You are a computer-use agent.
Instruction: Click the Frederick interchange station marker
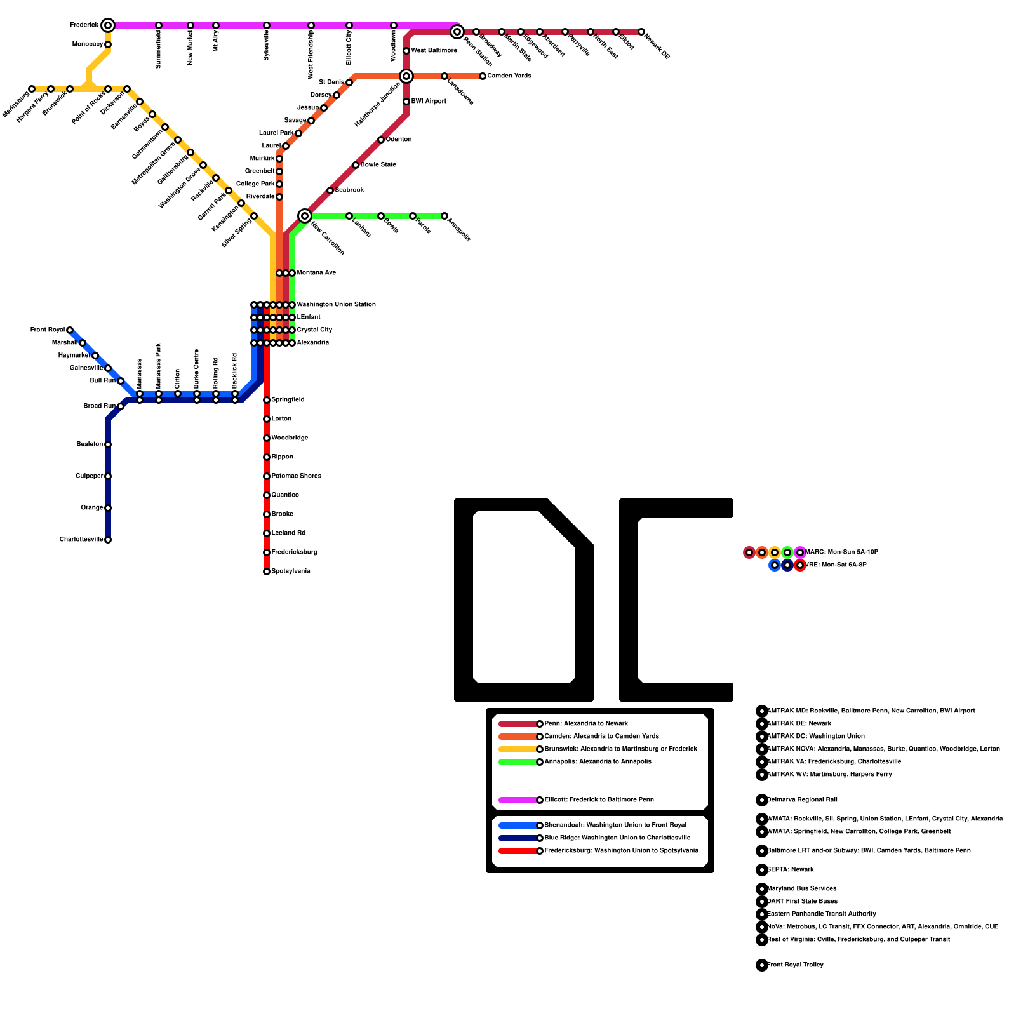[x=108, y=25]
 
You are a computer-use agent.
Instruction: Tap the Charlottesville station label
[x=81, y=540]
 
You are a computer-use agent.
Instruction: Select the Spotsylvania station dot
[x=267, y=571]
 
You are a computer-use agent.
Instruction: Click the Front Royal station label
[x=47, y=330]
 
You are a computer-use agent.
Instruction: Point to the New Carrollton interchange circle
[x=305, y=216]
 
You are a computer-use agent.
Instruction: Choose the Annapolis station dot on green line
[x=444, y=216]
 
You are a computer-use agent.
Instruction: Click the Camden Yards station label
[x=509, y=76]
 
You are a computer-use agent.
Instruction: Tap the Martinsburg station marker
[x=32, y=89]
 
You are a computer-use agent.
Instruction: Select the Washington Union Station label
[x=336, y=305]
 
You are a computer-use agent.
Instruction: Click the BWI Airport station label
[x=429, y=102]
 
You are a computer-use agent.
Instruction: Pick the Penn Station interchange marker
[x=457, y=32]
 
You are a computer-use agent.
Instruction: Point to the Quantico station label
[x=285, y=495]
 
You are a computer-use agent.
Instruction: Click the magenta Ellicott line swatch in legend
[x=518, y=800]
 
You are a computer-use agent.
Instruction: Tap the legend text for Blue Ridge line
[x=617, y=838]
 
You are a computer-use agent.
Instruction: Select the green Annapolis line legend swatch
[x=518, y=762]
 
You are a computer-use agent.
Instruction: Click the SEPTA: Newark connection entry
[x=791, y=870]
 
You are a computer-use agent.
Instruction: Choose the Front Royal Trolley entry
[x=795, y=965]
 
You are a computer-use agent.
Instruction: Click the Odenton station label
[x=399, y=140]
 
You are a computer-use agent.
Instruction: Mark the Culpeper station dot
[x=108, y=476]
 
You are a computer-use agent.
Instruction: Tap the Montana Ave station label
[x=316, y=273]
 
